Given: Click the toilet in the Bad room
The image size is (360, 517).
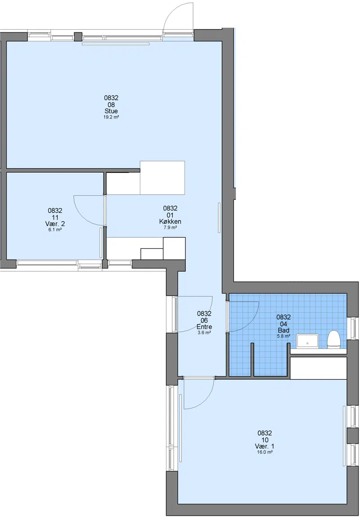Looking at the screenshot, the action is [x=333, y=339].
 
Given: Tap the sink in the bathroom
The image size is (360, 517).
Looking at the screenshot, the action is [x=308, y=341].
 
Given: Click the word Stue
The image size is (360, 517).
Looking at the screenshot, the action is [x=111, y=111].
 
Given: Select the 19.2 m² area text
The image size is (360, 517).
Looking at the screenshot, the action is [x=111, y=117].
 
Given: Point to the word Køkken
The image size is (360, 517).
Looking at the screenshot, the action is [x=170, y=221].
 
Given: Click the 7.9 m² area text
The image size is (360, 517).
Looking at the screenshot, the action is [x=171, y=227].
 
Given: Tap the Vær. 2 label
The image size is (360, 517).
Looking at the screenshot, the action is [x=55, y=224].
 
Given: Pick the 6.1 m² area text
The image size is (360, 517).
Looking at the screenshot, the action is [x=55, y=229].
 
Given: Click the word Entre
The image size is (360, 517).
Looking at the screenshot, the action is [x=204, y=327].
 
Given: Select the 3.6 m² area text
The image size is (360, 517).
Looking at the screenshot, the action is [x=204, y=333].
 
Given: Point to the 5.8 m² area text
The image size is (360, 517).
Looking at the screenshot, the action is [x=283, y=336].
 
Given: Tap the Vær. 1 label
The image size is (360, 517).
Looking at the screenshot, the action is [x=265, y=446].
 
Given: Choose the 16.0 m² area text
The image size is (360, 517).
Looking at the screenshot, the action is [x=265, y=452].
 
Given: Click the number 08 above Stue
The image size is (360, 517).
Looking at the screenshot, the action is [x=111, y=104].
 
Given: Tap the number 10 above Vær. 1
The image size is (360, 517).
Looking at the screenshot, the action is [x=265, y=440].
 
